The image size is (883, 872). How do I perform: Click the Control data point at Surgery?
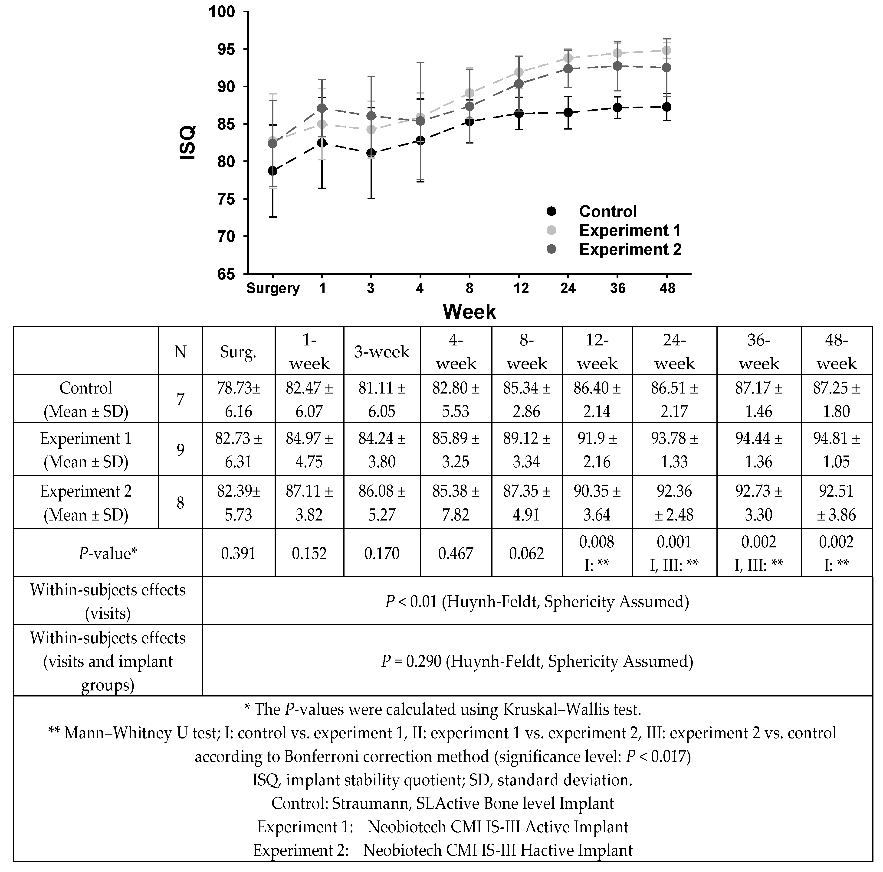click(272, 171)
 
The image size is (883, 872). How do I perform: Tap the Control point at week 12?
click(519, 113)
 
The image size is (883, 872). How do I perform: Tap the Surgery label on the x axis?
click(273, 288)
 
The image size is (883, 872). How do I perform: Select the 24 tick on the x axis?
click(568, 288)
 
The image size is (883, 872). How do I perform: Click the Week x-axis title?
click(469, 312)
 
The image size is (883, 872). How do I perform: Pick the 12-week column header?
click(597, 352)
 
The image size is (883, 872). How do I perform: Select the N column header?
click(181, 352)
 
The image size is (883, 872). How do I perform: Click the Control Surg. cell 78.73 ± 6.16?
click(238, 399)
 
